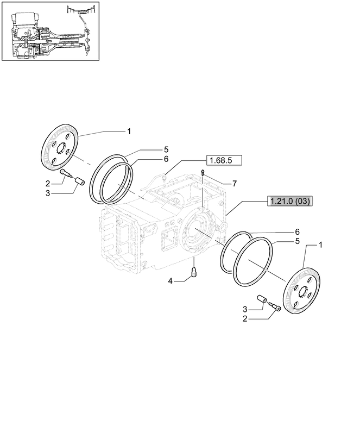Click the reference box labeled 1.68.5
click(224, 160)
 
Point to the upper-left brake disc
click(60, 148)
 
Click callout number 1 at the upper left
click(129, 131)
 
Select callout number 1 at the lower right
click(320, 246)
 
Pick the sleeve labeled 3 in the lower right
click(261, 300)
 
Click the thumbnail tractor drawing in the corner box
click(50, 31)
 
